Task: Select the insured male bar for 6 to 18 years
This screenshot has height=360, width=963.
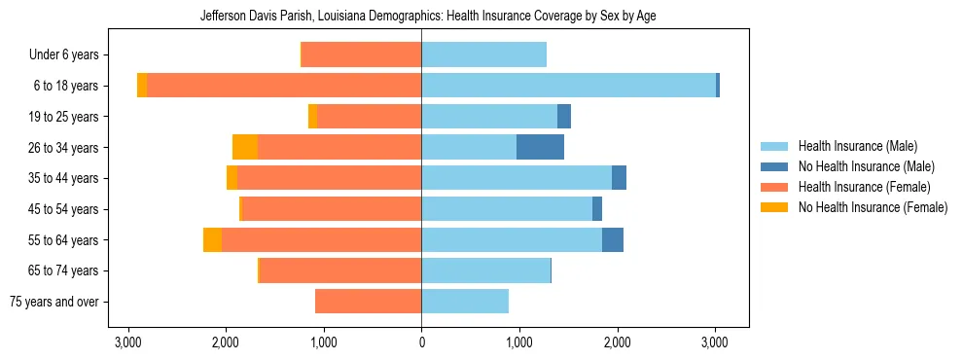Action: coord(568,86)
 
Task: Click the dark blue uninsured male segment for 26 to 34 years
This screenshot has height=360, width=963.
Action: coord(540,147)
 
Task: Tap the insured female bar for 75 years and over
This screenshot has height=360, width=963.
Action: coord(368,302)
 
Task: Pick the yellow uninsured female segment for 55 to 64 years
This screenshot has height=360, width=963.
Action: coord(212,239)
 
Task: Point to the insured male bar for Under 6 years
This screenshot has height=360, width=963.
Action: coord(483,54)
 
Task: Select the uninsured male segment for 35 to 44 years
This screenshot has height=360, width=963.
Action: coord(619,178)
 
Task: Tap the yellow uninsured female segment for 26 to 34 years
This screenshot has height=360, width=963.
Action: coord(245,147)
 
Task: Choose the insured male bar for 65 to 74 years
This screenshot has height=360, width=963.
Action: coord(485,270)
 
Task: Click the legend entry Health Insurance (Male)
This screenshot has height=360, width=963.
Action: coord(857,146)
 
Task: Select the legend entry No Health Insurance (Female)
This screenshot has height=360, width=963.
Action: coord(873,207)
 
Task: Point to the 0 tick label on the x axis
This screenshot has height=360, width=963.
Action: coord(421,342)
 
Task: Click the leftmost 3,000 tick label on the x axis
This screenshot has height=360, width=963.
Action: coord(127,342)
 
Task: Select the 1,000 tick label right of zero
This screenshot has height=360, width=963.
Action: coord(518,342)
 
